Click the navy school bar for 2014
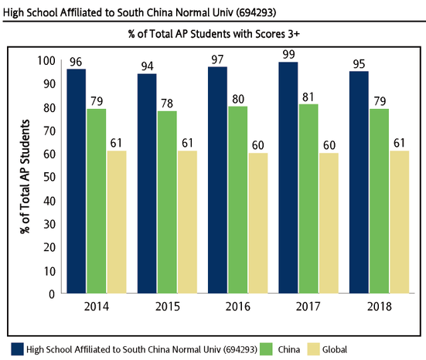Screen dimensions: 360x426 pos(76,182)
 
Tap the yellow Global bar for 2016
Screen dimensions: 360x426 pos(258,223)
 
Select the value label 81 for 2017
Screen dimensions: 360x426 pos(309,97)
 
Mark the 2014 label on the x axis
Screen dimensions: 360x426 pos(96,307)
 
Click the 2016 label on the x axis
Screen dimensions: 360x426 pos(238,307)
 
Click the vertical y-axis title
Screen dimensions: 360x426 pos(22,178)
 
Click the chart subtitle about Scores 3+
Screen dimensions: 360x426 pos(213,35)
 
